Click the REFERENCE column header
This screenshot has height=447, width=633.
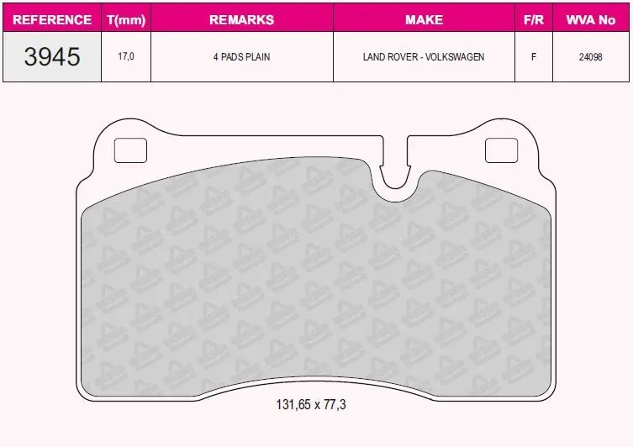tap(52, 20)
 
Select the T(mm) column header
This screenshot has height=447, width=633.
tap(126, 20)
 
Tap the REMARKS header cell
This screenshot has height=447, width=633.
tap(242, 20)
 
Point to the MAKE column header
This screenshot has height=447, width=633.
tap(424, 20)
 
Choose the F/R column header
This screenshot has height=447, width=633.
tap(534, 20)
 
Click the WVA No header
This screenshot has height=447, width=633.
tap(591, 20)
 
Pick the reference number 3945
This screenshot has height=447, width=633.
tap(52, 56)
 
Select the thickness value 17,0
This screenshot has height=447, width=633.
tap(126, 56)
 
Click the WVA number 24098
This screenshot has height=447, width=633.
tap(591, 57)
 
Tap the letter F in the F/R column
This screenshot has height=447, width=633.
tap(534, 57)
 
